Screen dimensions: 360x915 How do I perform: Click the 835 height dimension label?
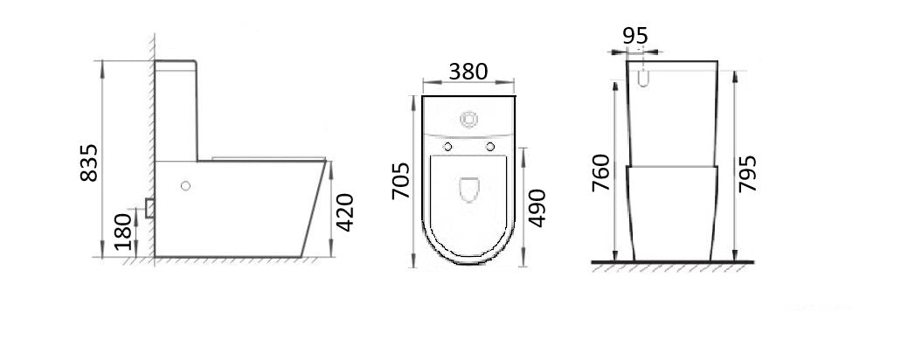tap(87, 163)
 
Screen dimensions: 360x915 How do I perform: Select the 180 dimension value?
tap(124, 231)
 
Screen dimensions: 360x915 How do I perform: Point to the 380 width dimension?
tap(468, 73)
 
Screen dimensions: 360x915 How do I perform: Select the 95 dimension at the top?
tap(635, 36)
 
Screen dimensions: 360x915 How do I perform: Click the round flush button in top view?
tap(468, 116)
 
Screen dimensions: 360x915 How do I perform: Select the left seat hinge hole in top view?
tap(447, 145)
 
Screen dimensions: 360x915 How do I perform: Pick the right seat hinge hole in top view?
tap(489, 145)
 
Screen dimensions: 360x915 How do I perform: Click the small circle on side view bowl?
tap(184, 185)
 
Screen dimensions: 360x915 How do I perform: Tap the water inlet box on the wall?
tap(149, 207)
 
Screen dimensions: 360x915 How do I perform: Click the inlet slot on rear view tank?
tap(645, 78)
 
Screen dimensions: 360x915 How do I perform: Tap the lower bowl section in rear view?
tap(672, 212)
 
